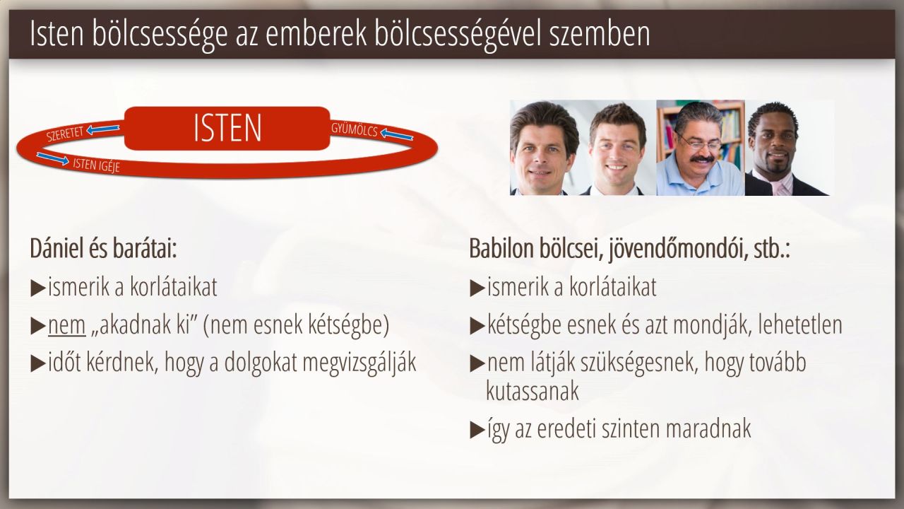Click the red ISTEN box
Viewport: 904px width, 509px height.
click(x=227, y=128)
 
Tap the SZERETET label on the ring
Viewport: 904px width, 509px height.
click(x=64, y=134)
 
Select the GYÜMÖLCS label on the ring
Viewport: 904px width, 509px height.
click(x=355, y=129)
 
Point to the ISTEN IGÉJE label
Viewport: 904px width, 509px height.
click(x=96, y=165)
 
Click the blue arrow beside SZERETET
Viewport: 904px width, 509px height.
click(x=103, y=129)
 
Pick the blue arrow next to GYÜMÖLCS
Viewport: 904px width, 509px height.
click(x=397, y=134)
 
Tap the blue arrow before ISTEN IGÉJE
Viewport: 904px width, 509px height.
click(x=52, y=159)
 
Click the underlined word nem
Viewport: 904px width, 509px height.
click(x=66, y=325)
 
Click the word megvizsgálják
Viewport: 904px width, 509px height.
click(x=359, y=363)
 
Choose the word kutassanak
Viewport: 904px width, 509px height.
click(x=533, y=391)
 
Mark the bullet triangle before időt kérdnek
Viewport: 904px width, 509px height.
click(x=37, y=363)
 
